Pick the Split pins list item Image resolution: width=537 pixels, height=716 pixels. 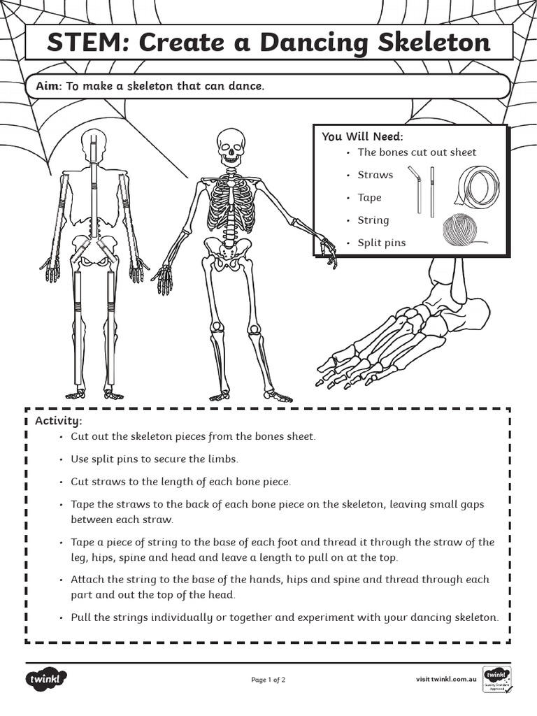[381, 243]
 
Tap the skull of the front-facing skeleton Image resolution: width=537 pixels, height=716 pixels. [230, 146]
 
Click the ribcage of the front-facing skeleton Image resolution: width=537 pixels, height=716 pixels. [230, 202]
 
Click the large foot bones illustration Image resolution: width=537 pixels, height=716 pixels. [399, 329]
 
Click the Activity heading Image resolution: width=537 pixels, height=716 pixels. [59, 421]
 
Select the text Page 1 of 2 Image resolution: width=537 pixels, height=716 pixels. [268, 679]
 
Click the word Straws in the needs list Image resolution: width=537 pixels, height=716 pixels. [375, 175]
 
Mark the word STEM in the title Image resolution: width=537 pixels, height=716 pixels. [86, 43]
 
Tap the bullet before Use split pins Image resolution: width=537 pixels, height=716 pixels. [62, 459]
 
